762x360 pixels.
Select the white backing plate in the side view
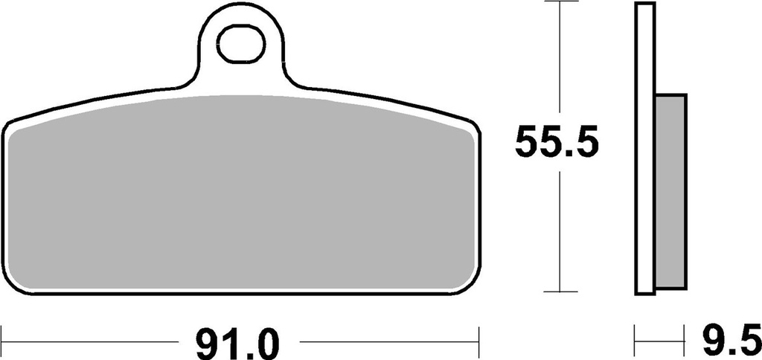[644, 149]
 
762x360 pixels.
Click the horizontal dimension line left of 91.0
[89, 342]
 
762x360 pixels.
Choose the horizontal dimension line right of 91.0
[387, 342]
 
